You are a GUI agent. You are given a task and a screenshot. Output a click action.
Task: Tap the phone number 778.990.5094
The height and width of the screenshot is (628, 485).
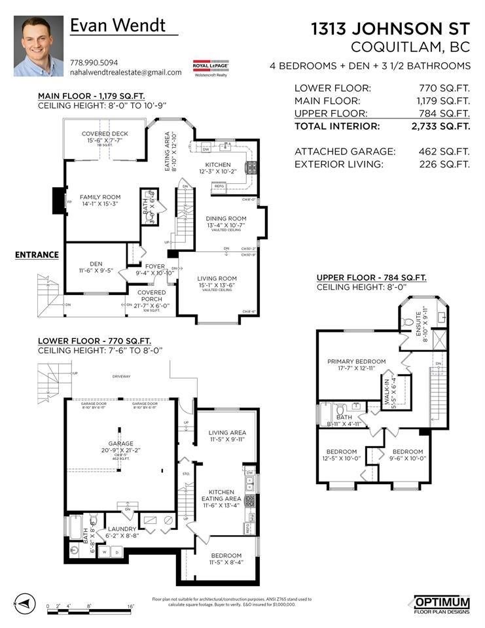pyautogui.click(x=95, y=63)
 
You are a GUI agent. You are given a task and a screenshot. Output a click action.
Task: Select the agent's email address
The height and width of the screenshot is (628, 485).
pyautogui.click(x=126, y=73)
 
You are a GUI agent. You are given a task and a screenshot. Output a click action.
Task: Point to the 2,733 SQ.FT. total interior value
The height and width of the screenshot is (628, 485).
pyautogui.click(x=444, y=126)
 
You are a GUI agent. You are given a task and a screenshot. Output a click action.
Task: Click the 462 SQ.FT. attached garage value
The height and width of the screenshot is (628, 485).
pyautogui.click(x=444, y=151)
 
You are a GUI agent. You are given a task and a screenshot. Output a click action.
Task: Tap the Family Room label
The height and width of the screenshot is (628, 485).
pyautogui.click(x=100, y=197)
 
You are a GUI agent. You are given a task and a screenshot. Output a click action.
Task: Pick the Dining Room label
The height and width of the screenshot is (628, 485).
pyautogui.click(x=226, y=218)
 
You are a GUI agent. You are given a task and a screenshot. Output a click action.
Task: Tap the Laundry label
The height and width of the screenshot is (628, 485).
pyautogui.click(x=122, y=529)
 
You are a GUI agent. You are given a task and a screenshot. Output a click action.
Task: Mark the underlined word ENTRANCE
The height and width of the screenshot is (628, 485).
pyautogui.click(x=37, y=254)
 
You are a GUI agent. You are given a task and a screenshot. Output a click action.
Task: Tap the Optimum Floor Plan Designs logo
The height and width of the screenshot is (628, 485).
pyautogui.click(x=442, y=604)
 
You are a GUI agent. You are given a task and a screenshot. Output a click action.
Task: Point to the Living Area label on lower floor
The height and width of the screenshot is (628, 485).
pyautogui.click(x=227, y=433)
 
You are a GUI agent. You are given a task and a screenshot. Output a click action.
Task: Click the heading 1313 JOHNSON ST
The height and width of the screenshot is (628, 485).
pyautogui.click(x=391, y=29)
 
